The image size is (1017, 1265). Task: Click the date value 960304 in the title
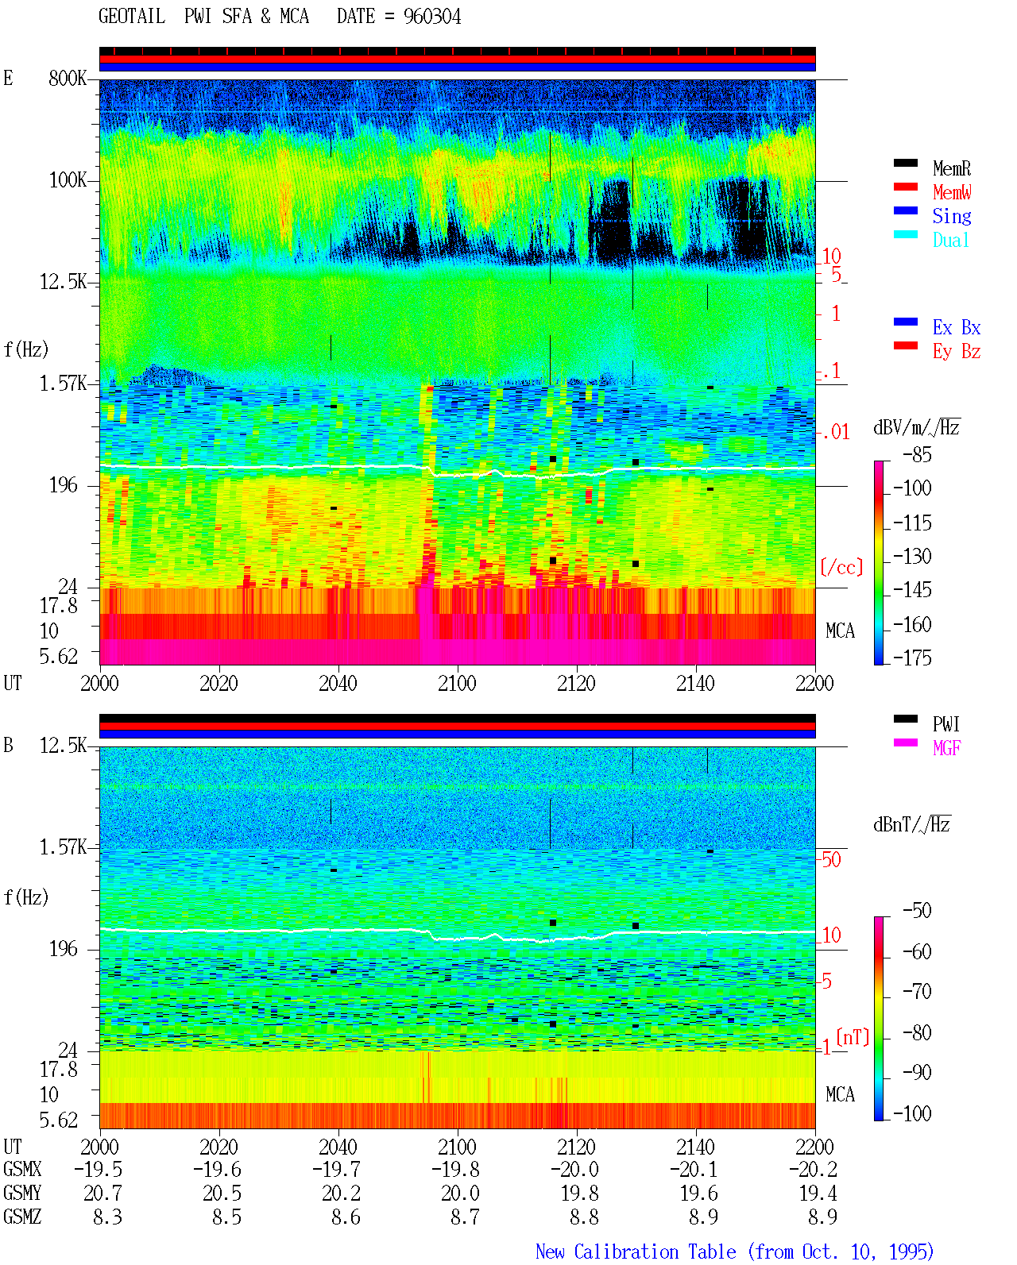point(431,17)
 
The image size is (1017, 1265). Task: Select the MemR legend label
point(951,168)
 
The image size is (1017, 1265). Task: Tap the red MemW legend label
point(951,192)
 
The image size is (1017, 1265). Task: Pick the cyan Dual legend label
point(950,240)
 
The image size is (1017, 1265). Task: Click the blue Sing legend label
point(951,216)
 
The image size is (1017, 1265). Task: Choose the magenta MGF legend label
point(946,748)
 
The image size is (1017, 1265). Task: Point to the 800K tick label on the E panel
point(68,78)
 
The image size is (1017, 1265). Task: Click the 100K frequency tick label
point(68,180)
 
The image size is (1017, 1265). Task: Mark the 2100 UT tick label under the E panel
point(457,683)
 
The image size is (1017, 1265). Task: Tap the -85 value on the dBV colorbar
point(917,454)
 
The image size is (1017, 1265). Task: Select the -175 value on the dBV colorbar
point(912,658)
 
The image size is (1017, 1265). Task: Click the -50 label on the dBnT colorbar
point(917,911)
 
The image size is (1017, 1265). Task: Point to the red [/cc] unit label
point(841,567)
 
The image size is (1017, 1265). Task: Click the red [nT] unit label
point(853,1037)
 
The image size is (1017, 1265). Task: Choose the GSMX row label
point(22,1169)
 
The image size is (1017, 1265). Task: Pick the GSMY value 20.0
point(461,1193)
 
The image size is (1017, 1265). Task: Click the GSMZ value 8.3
point(107,1217)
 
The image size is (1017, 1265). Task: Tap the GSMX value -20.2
point(813,1169)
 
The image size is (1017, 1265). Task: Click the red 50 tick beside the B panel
point(831,859)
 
